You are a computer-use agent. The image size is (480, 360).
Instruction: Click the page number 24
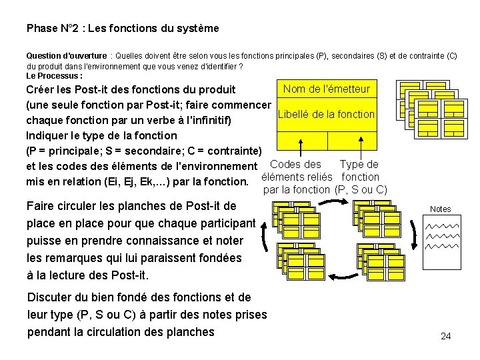(445, 336)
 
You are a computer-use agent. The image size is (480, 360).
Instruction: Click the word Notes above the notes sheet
(440, 209)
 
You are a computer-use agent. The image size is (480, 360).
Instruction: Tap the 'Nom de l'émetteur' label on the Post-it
(326, 89)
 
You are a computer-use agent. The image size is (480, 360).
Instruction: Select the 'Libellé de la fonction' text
(326, 114)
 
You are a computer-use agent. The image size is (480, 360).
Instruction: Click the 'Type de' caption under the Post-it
(359, 164)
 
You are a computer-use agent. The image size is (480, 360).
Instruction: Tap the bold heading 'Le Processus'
(53, 76)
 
